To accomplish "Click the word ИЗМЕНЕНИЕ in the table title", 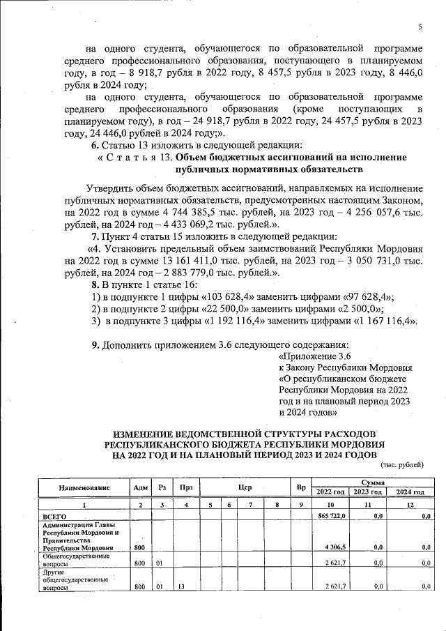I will tap(148, 433).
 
